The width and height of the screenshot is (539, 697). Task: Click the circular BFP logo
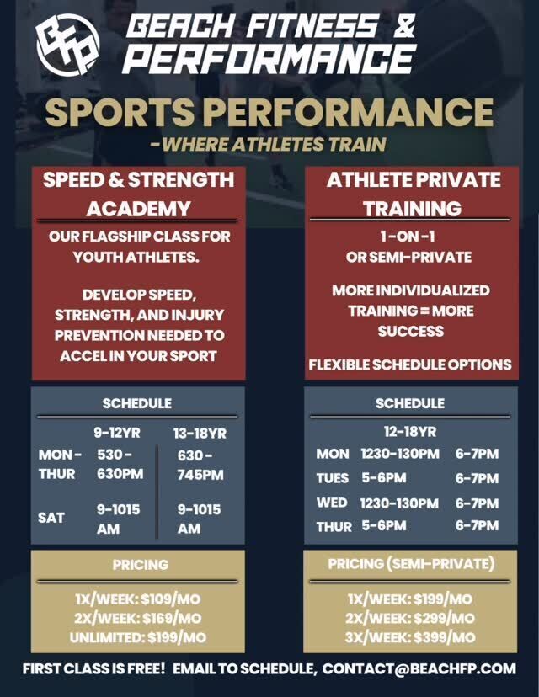pyautogui.click(x=67, y=45)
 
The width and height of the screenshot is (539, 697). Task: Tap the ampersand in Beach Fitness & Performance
pyautogui.click(x=403, y=27)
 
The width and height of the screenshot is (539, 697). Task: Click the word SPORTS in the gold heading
pyautogui.click(x=120, y=112)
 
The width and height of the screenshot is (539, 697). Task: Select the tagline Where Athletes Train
pyautogui.click(x=268, y=144)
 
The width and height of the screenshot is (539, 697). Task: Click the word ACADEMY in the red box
pyautogui.click(x=139, y=209)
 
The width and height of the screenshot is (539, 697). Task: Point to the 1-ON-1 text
pyautogui.click(x=408, y=236)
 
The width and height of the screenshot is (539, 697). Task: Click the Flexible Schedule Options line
pyautogui.click(x=410, y=365)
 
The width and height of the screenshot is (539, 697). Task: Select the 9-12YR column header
pyautogui.click(x=117, y=433)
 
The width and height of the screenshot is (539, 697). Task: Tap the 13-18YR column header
pyautogui.click(x=200, y=434)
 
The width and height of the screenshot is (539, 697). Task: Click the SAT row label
pyautogui.click(x=51, y=518)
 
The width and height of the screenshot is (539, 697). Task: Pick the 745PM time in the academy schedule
pyautogui.click(x=200, y=475)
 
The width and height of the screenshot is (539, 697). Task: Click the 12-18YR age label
pyautogui.click(x=410, y=432)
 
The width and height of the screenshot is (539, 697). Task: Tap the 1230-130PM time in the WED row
pyautogui.click(x=399, y=503)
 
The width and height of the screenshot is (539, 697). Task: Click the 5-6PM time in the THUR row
pyautogui.click(x=384, y=526)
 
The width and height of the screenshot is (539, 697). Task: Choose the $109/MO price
pyautogui.click(x=171, y=599)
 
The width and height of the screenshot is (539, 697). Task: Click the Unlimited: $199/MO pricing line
pyautogui.click(x=138, y=638)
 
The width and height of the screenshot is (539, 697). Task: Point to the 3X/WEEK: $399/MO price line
pyautogui.click(x=410, y=637)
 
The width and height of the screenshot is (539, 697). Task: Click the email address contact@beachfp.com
pyautogui.click(x=419, y=668)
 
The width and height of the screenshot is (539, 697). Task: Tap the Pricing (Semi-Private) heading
pyautogui.click(x=411, y=564)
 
